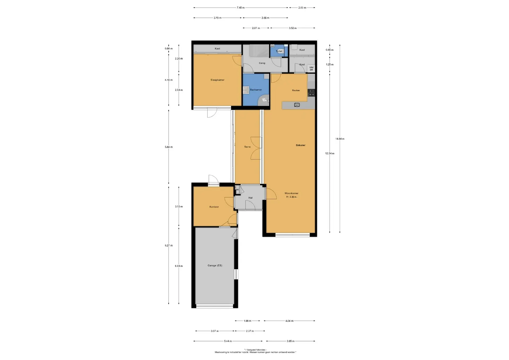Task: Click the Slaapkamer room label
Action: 217,80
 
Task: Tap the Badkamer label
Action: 256,90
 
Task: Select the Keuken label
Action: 296,90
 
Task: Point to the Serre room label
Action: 247,147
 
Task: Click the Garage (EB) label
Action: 215,265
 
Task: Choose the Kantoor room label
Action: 214,207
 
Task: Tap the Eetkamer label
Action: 301,145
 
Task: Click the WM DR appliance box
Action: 311,69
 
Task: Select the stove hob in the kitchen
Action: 311,93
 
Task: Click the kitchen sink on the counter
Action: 297,105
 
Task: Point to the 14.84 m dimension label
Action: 340,139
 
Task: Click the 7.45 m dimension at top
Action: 241,8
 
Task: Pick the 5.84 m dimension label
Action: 169,147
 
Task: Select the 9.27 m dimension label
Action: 169,245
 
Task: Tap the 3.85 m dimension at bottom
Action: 291,341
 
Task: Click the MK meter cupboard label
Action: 237,190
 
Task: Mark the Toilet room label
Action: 279,51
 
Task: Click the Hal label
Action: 251,198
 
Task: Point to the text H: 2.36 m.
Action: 291,197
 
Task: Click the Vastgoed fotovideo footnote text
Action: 255,350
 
